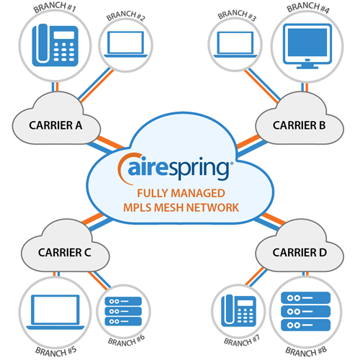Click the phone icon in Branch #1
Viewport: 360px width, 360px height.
(55, 45)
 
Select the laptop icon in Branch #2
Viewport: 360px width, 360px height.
(125, 45)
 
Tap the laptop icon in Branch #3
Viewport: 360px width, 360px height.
(235, 45)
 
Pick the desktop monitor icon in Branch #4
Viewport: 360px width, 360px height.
(307, 46)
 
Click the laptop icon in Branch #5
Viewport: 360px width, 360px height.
(55, 312)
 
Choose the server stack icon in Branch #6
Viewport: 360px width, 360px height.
(123, 311)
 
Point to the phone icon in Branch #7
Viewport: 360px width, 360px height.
(238, 310)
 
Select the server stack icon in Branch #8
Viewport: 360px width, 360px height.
(306, 312)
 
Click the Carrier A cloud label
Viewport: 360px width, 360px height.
(55, 125)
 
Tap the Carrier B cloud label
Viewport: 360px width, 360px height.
(299, 125)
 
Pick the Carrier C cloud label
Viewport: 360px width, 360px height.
(65, 253)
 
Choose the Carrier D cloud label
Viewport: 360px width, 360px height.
(300, 253)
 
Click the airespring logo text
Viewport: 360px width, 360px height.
(178, 168)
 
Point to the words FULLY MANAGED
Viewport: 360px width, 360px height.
(181, 193)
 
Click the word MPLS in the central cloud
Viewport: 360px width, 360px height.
(137, 207)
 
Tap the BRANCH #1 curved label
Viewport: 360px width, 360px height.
(55, 6)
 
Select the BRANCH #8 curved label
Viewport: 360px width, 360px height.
(306, 351)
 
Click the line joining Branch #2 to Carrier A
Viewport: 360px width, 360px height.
(96, 85)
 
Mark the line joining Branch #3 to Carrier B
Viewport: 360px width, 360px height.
(262, 86)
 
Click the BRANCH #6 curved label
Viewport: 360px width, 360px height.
(126, 341)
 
